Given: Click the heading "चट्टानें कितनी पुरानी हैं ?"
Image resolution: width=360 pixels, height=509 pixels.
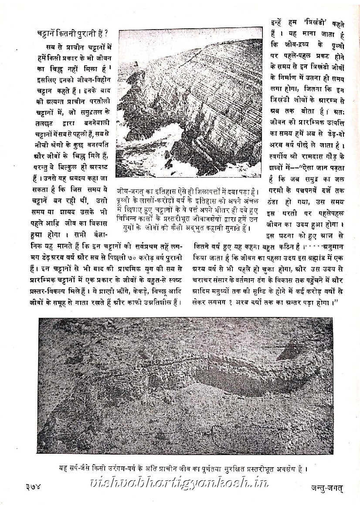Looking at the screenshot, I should point(72,34).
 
